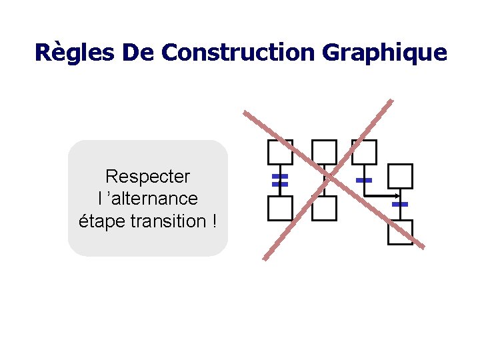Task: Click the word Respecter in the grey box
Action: pyautogui.click(x=147, y=177)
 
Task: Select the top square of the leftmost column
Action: pyautogui.click(x=280, y=152)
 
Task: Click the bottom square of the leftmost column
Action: pyautogui.click(x=280, y=208)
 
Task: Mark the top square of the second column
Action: pyautogui.click(x=325, y=152)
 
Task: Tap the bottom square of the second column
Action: pyautogui.click(x=325, y=208)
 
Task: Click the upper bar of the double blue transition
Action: pyautogui.click(x=280, y=177)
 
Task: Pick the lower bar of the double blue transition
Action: pyautogui.click(x=280, y=184)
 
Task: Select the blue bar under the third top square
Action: pyautogui.click(x=364, y=181)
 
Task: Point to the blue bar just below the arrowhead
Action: pyautogui.click(x=400, y=204)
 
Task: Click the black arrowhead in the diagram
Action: pyautogui.click(x=397, y=196)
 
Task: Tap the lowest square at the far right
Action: pyautogui.click(x=400, y=232)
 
